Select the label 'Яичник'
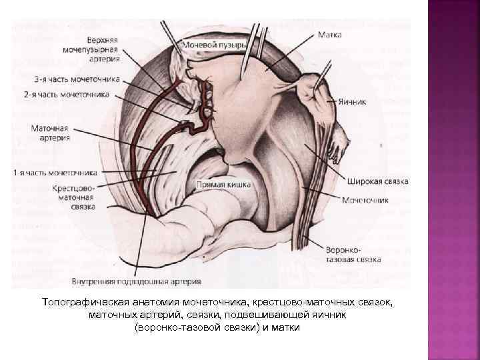pos(351,103)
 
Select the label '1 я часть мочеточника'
pos(55,173)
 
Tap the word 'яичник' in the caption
pos(330,315)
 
